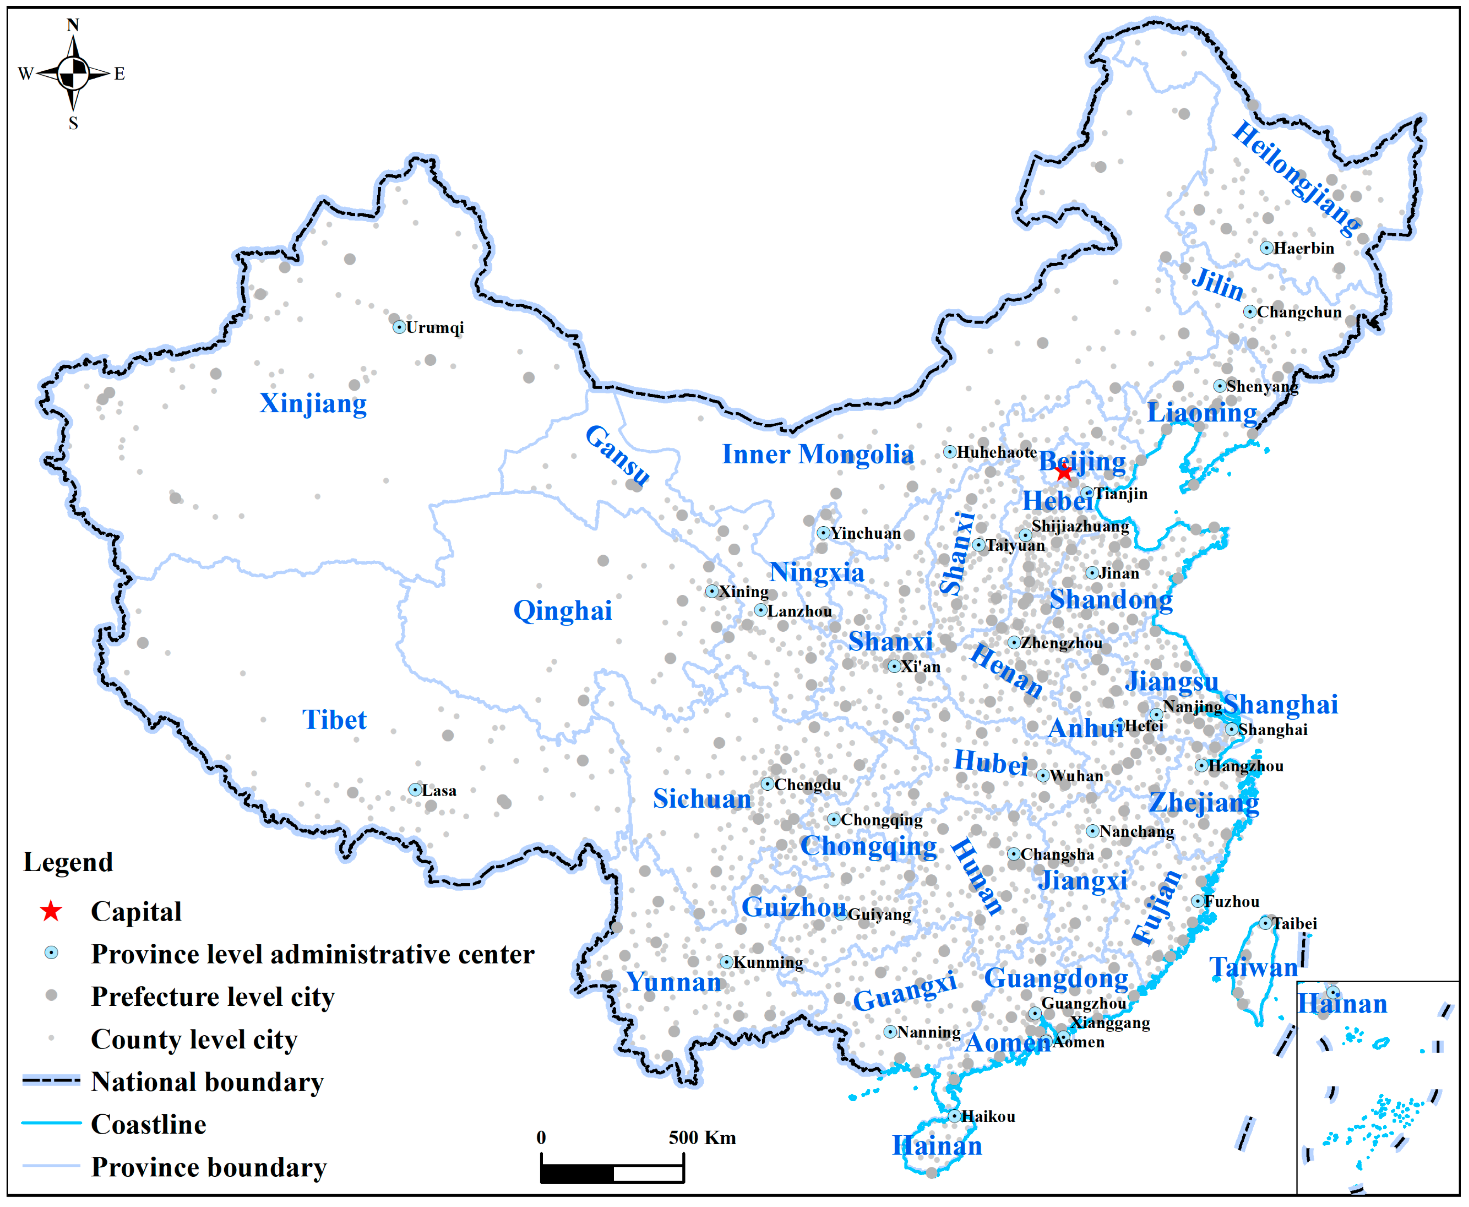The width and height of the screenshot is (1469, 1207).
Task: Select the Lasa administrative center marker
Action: tap(415, 790)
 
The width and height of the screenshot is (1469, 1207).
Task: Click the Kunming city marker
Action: tap(726, 962)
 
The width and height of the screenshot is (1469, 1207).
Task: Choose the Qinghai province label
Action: tap(562, 610)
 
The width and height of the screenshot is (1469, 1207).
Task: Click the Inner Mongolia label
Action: tap(818, 454)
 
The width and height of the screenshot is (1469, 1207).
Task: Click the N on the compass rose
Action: tap(73, 25)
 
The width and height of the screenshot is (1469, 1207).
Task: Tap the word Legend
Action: tap(68, 862)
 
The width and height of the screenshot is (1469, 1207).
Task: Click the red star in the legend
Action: tap(51, 912)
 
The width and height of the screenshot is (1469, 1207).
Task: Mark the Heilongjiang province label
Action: tap(1297, 177)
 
